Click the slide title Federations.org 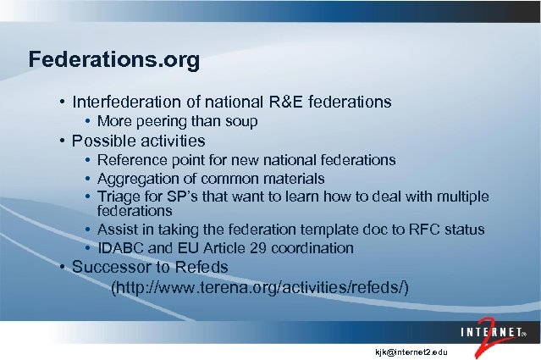click(114, 61)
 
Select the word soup click(240, 122)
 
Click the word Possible click(102, 141)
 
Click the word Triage click(118, 197)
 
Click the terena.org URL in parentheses click(261, 288)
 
